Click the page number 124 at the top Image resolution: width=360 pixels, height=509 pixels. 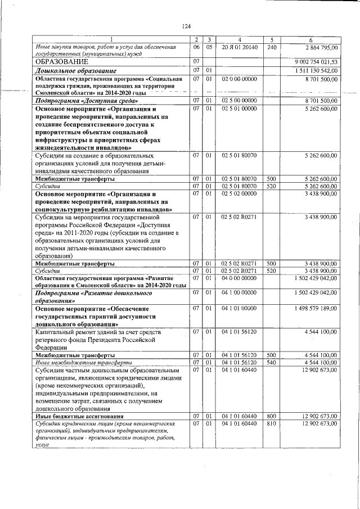point(187,26)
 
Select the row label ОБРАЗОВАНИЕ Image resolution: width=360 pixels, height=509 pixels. point(62,61)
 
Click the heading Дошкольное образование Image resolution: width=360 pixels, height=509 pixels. point(76,71)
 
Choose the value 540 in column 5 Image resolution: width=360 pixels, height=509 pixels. point(271,363)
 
